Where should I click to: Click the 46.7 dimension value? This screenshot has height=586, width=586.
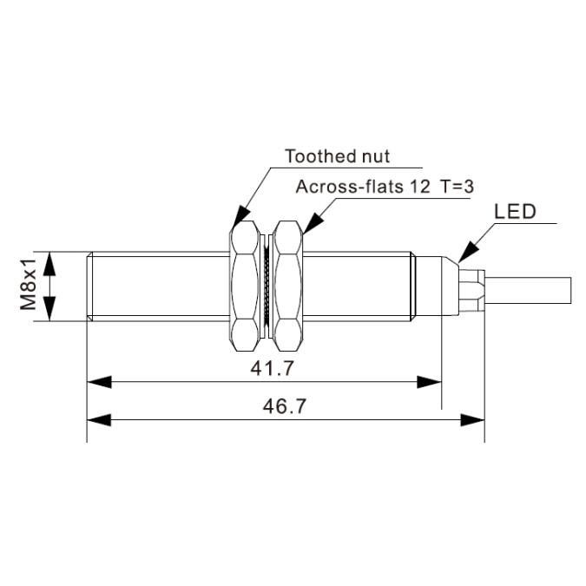[284, 405]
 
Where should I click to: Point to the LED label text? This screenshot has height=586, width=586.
[516, 211]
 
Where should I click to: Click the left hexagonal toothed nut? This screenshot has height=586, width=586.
[245, 286]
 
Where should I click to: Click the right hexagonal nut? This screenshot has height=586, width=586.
[287, 286]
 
